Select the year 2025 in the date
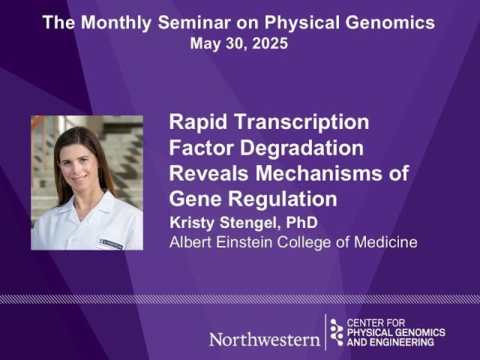click(268, 43)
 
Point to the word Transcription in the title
click(298, 121)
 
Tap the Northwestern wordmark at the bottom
click(264, 338)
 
